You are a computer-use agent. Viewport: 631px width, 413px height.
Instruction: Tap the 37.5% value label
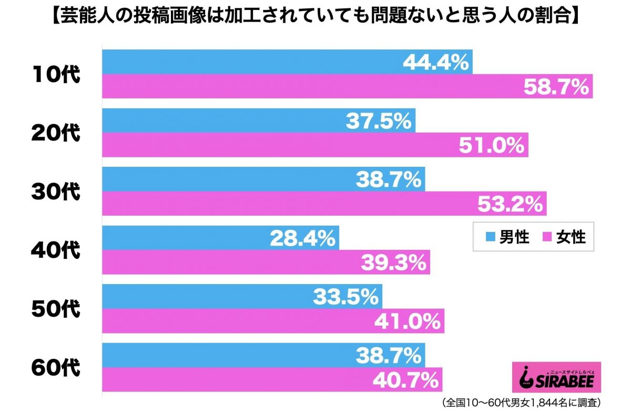pyautogui.click(x=378, y=122)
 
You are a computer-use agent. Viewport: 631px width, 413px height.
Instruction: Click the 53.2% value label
pyautogui.click(x=510, y=204)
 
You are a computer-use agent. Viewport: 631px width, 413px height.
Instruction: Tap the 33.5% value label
pyautogui.click(x=345, y=298)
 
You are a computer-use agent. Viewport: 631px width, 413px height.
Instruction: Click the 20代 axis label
pyautogui.click(x=55, y=134)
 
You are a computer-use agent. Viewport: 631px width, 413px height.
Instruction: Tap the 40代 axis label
pyautogui.click(x=55, y=251)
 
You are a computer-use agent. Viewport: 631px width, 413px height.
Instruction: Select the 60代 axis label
pyautogui.click(x=55, y=368)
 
